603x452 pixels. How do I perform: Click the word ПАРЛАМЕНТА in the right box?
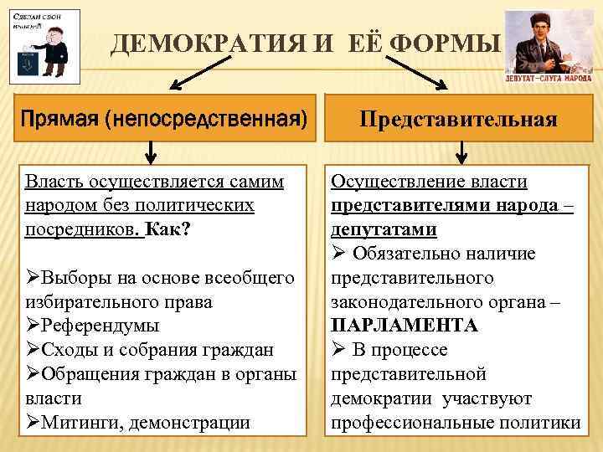coord(405,325)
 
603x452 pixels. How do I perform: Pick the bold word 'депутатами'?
coord(384,229)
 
